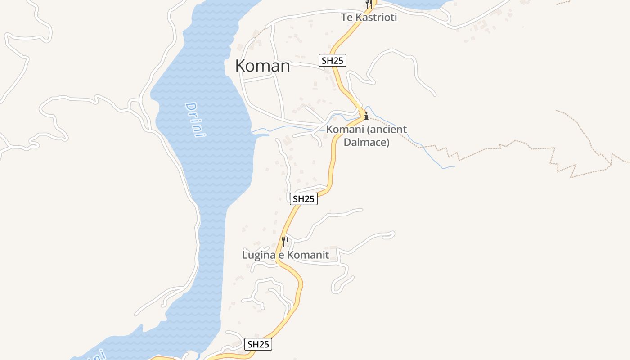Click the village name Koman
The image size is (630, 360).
click(x=262, y=66)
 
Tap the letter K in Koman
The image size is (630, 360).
click(x=240, y=66)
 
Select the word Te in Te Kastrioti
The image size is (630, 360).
click(x=346, y=18)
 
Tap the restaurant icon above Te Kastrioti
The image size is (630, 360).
click(x=368, y=4)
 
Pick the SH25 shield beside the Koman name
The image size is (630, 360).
click(x=333, y=60)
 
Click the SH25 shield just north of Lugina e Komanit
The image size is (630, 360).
click(x=304, y=199)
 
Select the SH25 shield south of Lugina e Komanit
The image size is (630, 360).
click(x=258, y=344)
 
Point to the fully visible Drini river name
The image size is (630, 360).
click(x=196, y=120)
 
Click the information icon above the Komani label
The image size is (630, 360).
click(x=366, y=116)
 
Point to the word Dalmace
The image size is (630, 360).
click(x=366, y=142)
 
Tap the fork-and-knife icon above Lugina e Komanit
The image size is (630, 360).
click(x=285, y=241)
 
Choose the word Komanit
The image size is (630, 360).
click(x=308, y=255)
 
